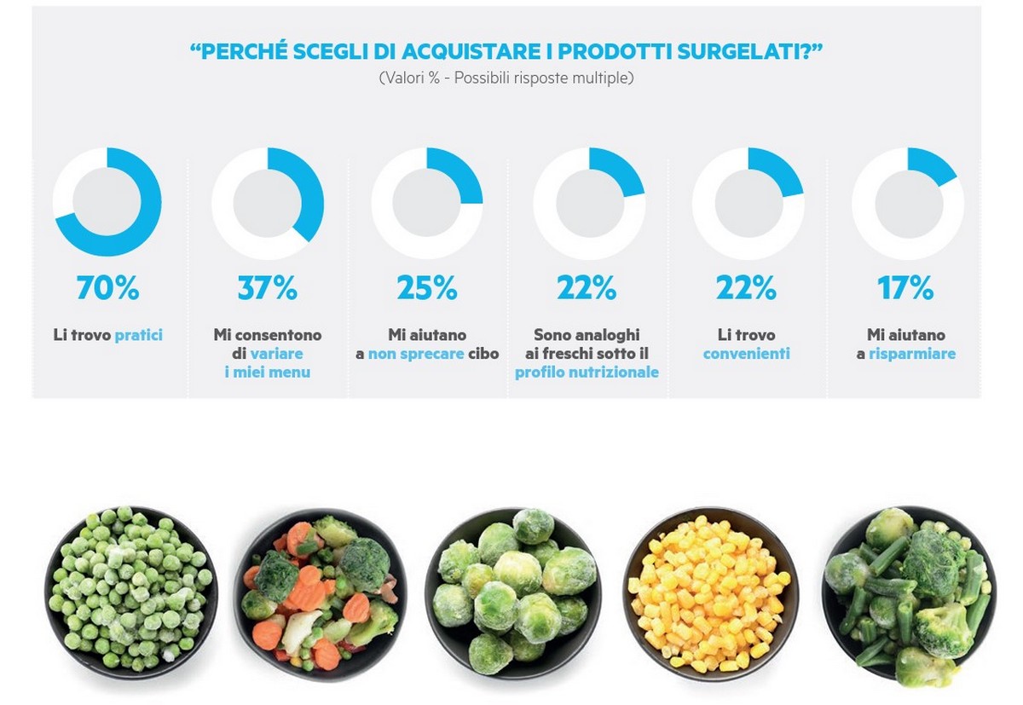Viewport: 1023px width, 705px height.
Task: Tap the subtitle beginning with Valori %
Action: point(506,78)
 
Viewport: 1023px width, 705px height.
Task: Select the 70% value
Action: point(107,289)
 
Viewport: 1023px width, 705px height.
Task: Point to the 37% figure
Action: point(267,289)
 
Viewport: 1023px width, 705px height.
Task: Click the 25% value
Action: point(427,289)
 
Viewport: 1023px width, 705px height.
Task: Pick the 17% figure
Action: point(905,289)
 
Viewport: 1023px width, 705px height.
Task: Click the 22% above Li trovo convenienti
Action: point(746,289)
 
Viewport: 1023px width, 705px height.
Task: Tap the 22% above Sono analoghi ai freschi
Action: point(587,289)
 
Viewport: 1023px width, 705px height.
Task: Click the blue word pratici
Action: point(138,335)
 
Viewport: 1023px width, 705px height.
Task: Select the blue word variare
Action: point(276,353)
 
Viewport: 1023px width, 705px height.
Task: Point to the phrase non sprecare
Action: point(416,353)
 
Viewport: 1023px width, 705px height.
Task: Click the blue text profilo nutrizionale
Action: point(587,372)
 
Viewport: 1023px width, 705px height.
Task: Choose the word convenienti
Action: point(746,353)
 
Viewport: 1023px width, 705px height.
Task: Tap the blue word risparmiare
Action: point(912,353)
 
